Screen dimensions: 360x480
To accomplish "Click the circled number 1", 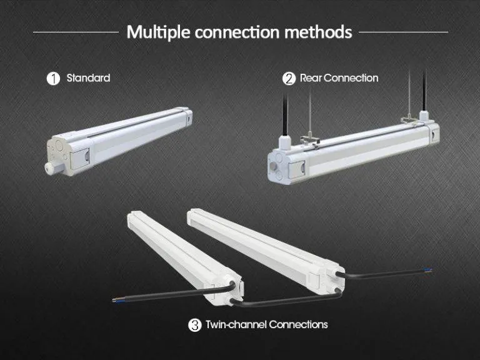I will tap(54, 78).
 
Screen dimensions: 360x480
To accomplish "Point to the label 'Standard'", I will tap(88, 78).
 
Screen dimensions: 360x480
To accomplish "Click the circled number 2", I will tap(289, 78).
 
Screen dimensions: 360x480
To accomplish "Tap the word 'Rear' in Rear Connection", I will tap(311, 78).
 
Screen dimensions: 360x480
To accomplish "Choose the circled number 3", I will tap(194, 325).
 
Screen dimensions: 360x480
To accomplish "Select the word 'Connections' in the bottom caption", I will tap(299, 325).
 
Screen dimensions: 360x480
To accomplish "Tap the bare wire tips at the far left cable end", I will tap(115, 299).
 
